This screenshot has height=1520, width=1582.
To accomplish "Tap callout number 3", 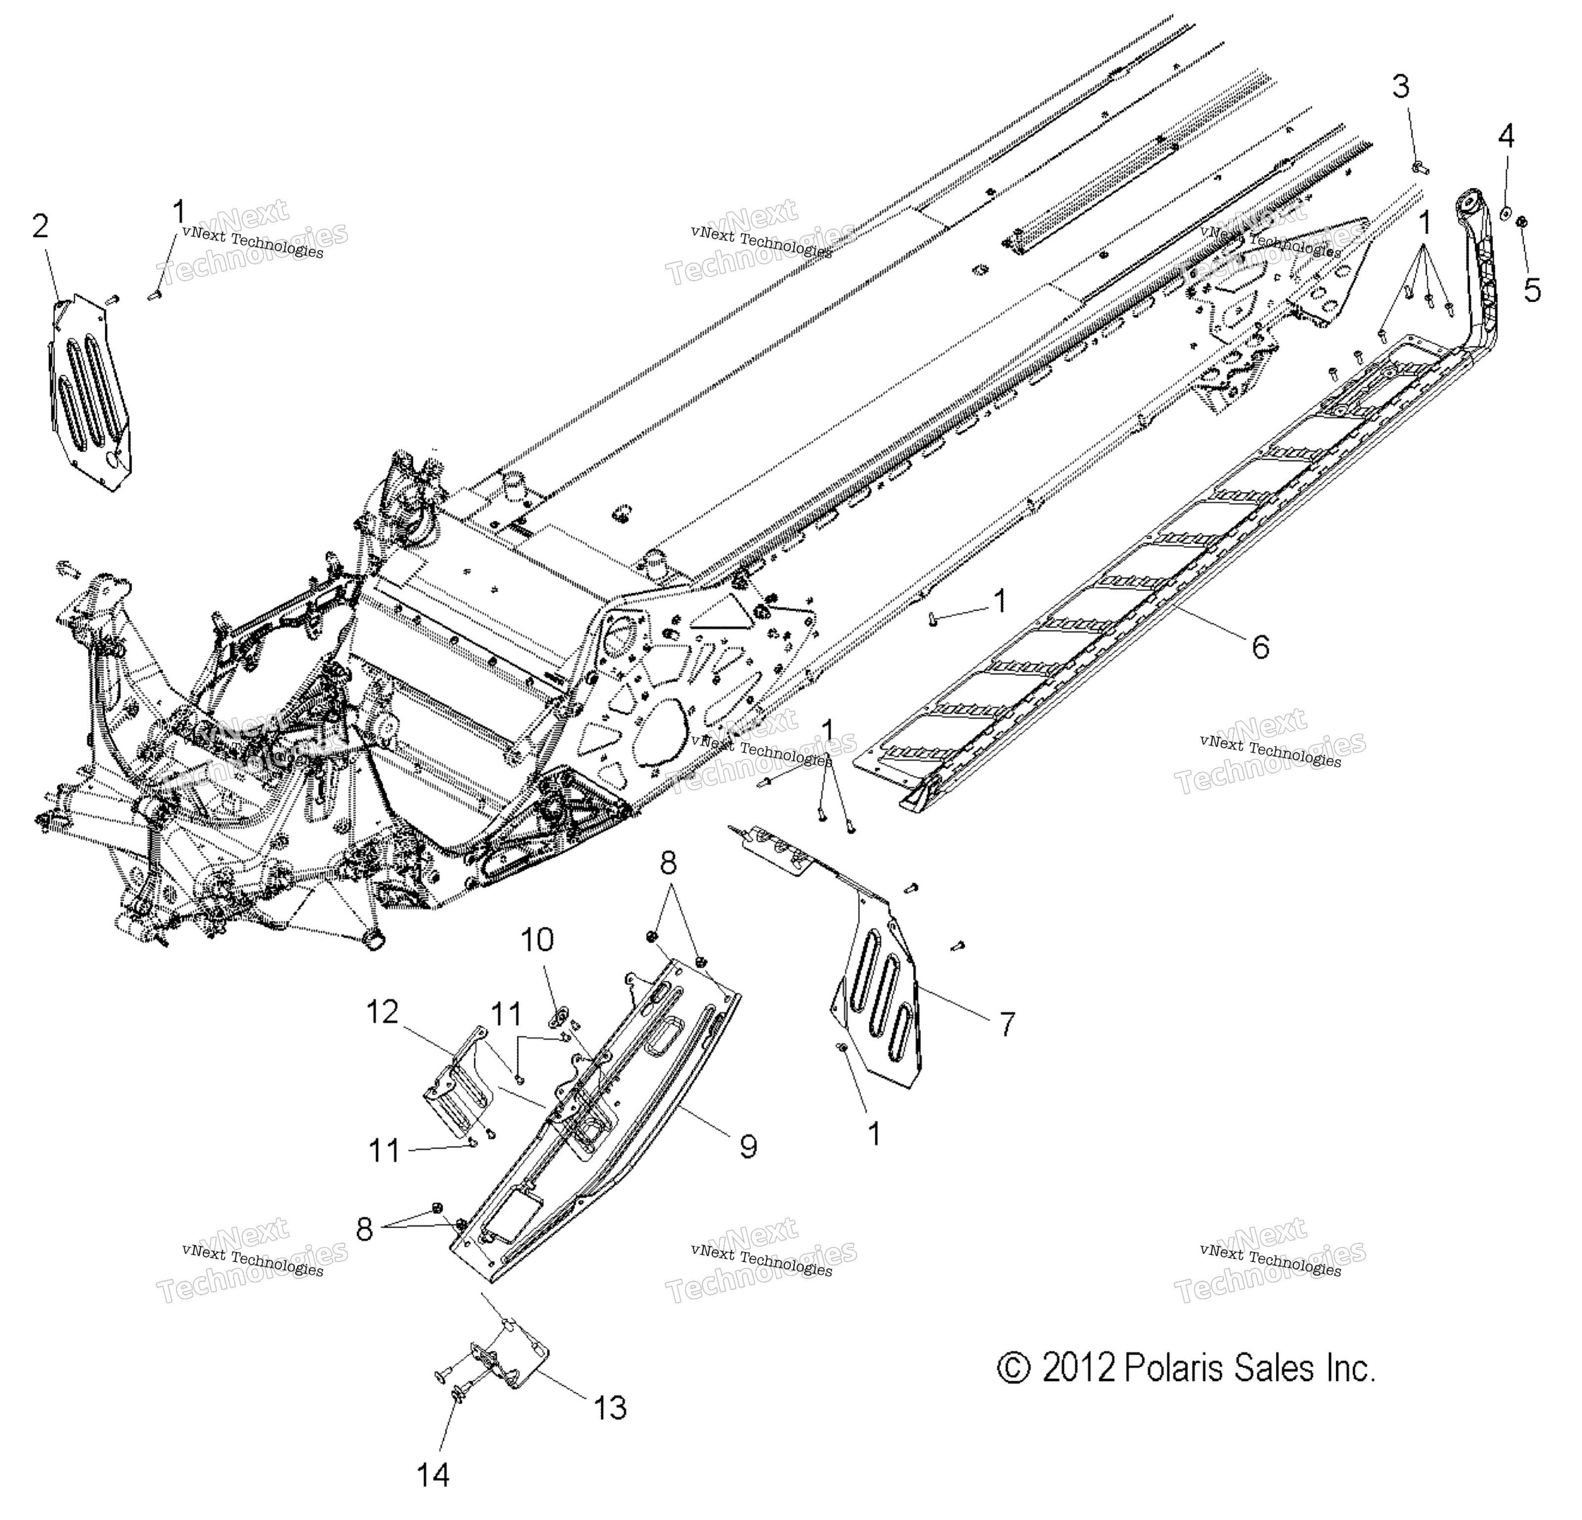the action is point(1401,87).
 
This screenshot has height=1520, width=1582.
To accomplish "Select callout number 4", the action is point(1506,137).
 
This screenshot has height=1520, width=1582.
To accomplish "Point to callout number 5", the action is point(1532,288).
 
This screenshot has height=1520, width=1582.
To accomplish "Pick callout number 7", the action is point(1006,1024).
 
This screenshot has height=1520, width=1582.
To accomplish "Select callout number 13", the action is point(610,1408).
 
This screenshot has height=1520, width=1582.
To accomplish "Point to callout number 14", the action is point(433,1475).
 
